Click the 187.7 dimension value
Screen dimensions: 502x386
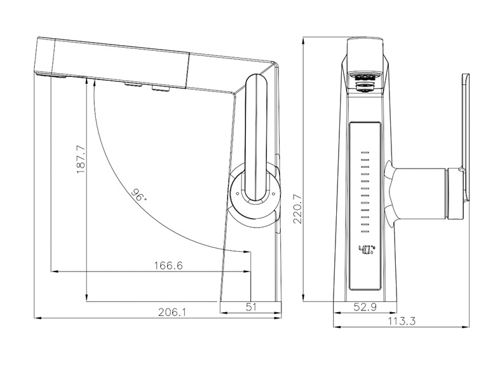coord(81,159)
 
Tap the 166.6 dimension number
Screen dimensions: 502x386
coord(168,266)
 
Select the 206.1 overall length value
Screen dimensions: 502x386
coord(172,312)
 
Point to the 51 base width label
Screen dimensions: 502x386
coord(252,307)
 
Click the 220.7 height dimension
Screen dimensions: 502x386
coord(298,209)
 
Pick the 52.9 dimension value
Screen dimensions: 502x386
coord(365,307)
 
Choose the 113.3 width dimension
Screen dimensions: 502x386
coord(402,321)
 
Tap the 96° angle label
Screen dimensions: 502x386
coord(139,195)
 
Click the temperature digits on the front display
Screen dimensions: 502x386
coord(367,249)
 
